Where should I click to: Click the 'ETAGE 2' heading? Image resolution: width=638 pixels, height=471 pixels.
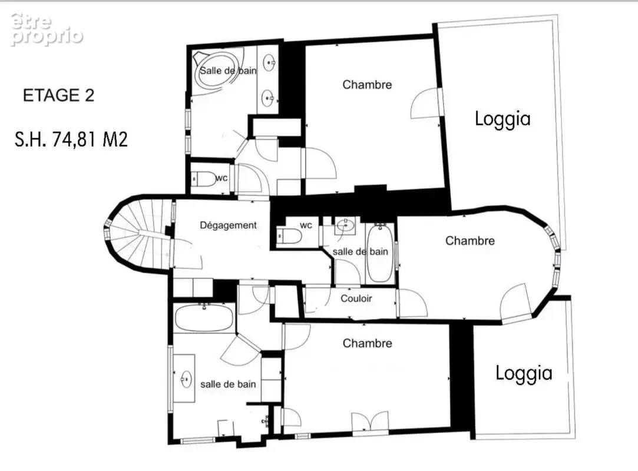(x=58, y=95)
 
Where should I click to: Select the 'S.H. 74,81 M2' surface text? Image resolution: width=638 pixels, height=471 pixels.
(x=71, y=139)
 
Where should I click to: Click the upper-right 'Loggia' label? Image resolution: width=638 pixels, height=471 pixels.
(x=503, y=119)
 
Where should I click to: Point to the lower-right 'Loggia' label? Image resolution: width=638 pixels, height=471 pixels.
(x=524, y=373)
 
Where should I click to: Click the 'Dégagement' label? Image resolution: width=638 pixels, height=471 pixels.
(x=228, y=225)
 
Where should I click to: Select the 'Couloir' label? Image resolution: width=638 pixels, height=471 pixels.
(x=356, y=298)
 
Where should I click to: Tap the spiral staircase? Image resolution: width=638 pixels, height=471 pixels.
(x=138, y=235)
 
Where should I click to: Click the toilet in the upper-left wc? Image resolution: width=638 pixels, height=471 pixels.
(x=204, y=178)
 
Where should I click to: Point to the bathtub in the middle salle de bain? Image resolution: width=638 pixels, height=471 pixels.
(x=380, y=253)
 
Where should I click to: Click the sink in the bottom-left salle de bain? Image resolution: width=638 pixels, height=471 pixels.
(x=186, y=379)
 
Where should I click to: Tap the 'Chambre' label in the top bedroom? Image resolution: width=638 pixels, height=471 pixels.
(x=367, y=85)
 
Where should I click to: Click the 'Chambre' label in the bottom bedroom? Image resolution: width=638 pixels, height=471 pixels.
(x=367, y=343)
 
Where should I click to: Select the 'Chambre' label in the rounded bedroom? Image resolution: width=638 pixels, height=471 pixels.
(x=470, y=241)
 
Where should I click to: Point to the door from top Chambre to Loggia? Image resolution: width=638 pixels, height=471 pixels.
(x=425, y=102)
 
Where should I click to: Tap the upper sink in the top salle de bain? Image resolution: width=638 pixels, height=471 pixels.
(x=269, y=62)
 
